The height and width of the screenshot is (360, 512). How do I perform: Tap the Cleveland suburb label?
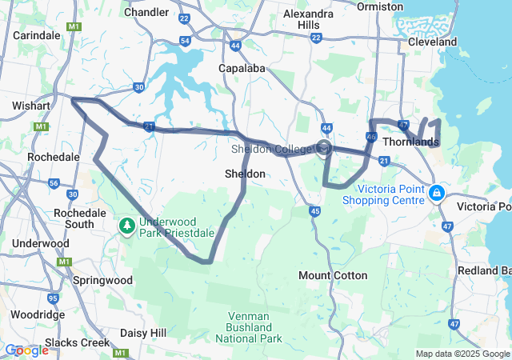pos(432,42)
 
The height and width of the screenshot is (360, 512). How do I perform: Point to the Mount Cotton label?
pos(333,275)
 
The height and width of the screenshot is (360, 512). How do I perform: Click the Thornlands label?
pos(410,142)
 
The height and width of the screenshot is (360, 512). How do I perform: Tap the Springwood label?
pos(102,282)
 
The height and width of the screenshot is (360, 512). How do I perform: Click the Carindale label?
pos(36,35)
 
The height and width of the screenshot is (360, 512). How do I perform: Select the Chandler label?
pos(147,12)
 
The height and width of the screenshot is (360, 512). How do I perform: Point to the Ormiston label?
pos(381,6)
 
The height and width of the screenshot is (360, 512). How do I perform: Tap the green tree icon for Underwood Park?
pos(126,226)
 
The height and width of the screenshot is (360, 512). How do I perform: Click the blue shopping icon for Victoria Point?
pos(437,194)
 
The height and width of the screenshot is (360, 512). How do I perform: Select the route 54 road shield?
pos(185,41)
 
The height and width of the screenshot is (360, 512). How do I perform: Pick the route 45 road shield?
pos(315,211)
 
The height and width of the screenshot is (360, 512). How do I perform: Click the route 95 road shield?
pos(53,298)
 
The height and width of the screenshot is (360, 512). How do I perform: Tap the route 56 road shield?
pos(54,183)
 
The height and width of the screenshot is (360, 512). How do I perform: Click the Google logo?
pos(26,350)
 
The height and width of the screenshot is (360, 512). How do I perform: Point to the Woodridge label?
pos(37,315)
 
